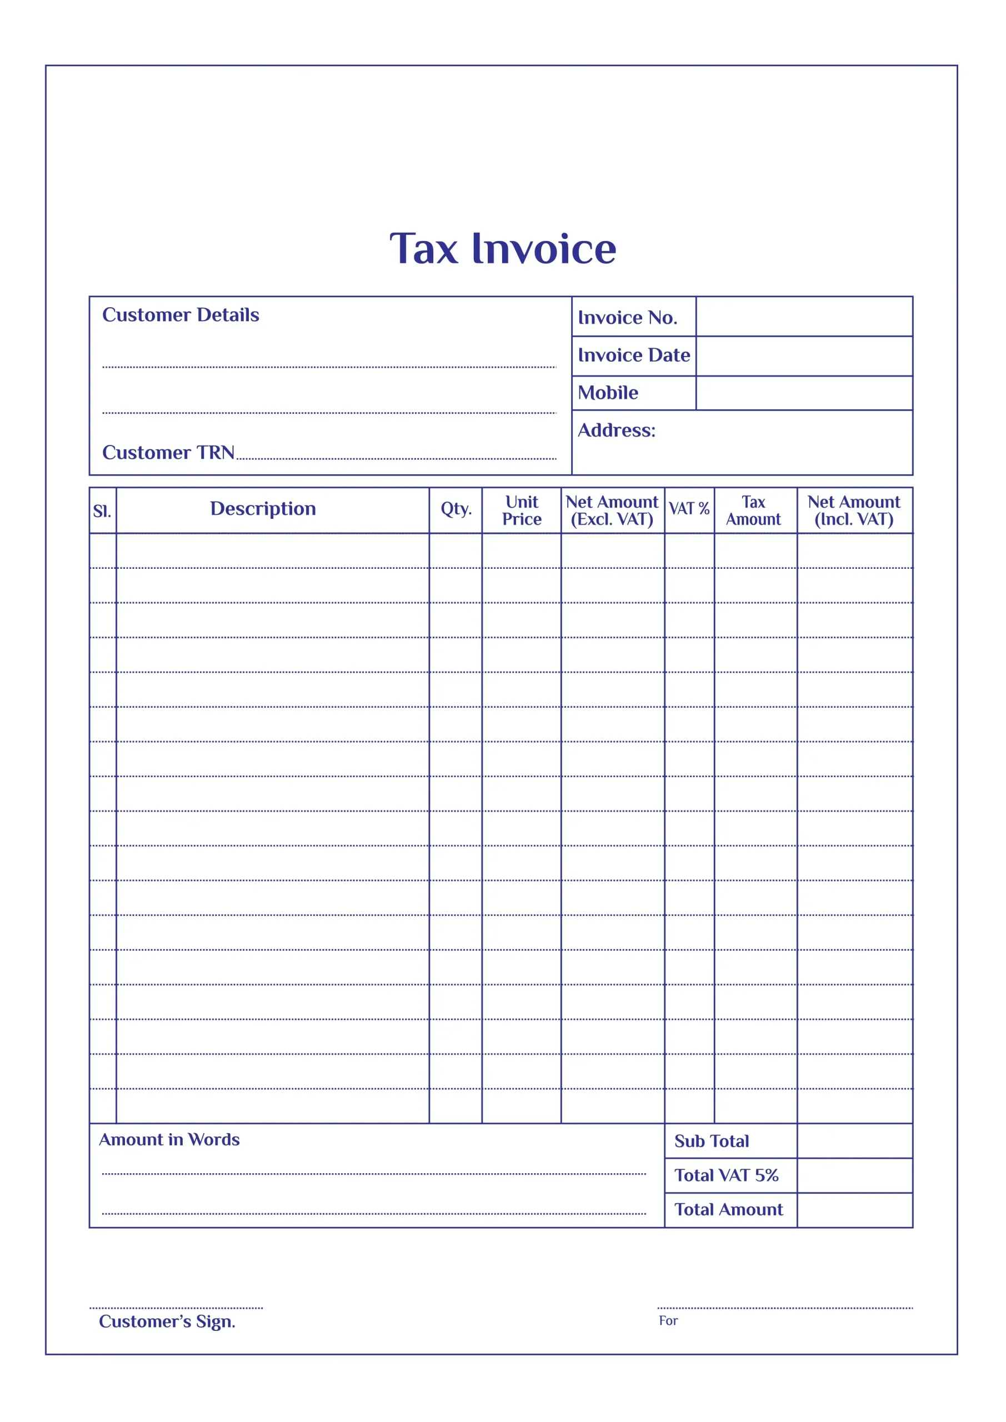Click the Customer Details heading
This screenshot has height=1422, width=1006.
[x=181, y=316]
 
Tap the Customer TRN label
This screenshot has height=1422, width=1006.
[x=168, y=453]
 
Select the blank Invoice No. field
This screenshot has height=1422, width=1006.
[x=803, y=317]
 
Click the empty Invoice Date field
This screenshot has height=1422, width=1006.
[x=803, y=356]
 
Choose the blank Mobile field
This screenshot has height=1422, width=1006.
[x=803, y=393]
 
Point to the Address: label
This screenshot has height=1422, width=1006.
[x=617, y=430]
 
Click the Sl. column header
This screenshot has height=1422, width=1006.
[x=102, y=511]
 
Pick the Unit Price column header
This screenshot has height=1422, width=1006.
[x=522, y=510]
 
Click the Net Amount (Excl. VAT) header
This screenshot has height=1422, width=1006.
[x=612, y=510]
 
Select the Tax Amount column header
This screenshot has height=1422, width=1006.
[x=753, y=510]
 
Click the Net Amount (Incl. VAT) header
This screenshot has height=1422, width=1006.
[x=854, y=510]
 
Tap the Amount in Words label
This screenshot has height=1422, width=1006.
[x=169, y=1140]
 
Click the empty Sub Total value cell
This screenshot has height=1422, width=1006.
[x=854, y=1141]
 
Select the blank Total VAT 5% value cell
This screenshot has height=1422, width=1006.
[x=854, y=1175]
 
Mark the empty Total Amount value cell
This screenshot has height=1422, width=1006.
[x=854, y=1210]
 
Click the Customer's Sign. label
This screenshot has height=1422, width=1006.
[x=167, y=1321]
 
